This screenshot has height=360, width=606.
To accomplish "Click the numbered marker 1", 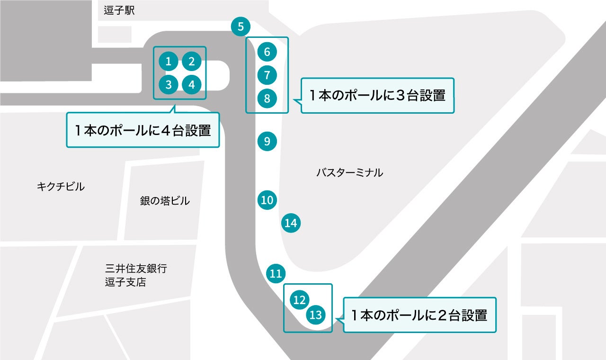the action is [x=169, y=61].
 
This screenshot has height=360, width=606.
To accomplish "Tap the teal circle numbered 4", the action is [x=192, y=85].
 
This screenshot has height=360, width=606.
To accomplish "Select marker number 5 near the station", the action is [x=241, y=27].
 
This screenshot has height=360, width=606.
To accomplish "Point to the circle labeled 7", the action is [x=267, y=75].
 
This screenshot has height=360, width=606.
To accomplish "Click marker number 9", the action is [x=267, y=141].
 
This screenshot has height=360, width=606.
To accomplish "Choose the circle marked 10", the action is [x=267, y=200].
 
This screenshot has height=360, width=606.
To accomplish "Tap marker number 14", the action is [x=291, y=223].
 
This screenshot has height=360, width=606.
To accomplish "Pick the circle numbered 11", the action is [x=276, y=273].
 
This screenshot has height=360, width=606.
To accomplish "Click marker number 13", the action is [x=316, y=315].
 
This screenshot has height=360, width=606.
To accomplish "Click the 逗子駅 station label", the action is [x=119, y=11].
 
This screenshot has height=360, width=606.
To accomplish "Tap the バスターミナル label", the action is [x=349, y=173].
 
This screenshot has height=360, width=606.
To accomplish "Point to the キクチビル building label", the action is [x=61, y=187].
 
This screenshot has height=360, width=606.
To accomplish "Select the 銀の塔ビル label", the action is [x=165, y=201].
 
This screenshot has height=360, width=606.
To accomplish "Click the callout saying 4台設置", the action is [x=143, y=130].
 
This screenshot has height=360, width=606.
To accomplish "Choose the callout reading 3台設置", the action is [x=377, y=96].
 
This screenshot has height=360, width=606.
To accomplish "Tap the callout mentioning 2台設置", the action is [x=419, y=315].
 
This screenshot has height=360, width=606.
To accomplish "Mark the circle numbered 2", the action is [x=192, y=61].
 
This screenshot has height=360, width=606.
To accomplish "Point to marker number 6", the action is [x=267, y=52].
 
